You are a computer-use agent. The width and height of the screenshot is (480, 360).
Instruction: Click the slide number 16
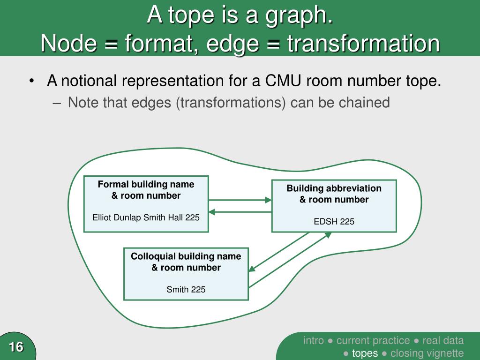[15, 347]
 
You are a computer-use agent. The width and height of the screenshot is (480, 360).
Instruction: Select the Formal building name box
[146, 204]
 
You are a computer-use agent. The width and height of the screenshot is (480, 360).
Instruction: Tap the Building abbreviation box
[334, 206]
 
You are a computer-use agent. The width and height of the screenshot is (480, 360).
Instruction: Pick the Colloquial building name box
[186, 274]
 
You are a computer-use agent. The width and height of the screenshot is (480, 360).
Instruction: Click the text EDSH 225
[334, 221]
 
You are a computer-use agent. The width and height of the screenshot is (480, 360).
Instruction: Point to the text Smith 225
[186, 289]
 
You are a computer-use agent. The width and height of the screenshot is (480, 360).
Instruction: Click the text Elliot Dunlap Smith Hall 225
[146, 217]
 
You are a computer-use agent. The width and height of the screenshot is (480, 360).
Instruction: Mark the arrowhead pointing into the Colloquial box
[252, 269]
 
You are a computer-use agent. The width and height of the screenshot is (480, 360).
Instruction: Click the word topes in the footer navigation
[365, 353]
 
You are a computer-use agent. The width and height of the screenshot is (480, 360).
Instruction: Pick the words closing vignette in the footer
[427, 353]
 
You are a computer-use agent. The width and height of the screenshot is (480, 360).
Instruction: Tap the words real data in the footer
[443, 340]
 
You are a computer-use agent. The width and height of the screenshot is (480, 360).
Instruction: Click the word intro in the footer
[314, 340]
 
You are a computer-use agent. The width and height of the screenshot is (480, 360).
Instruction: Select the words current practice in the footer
[373, 340]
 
